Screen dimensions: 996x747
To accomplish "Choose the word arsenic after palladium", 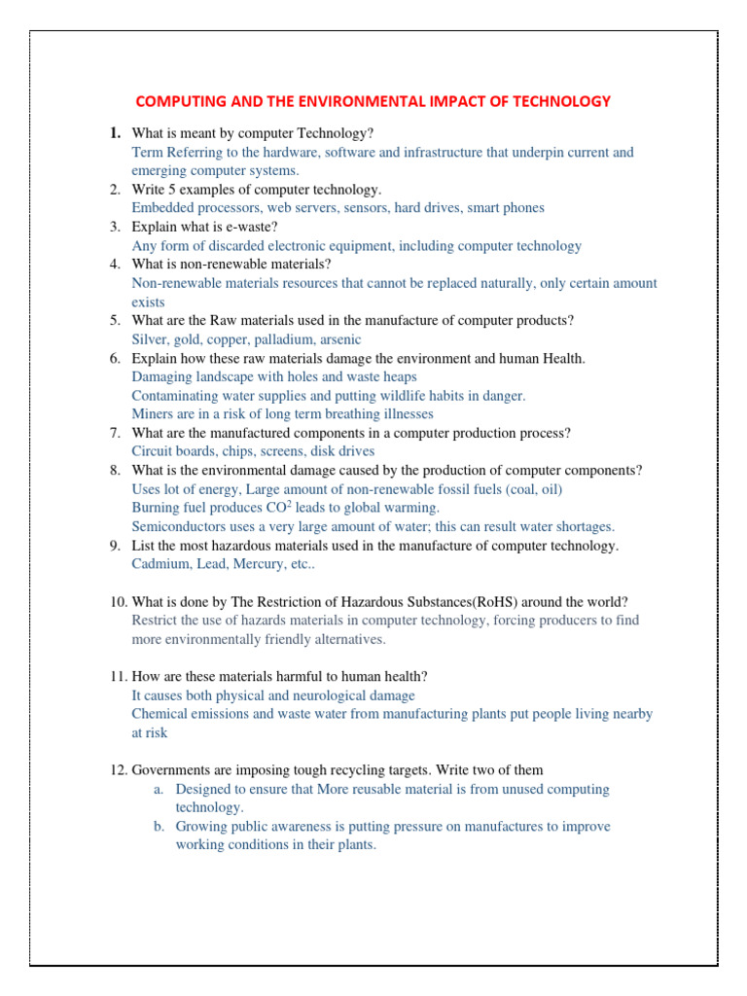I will point(338,339).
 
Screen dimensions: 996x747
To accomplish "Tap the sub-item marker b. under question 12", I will point(158,827).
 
